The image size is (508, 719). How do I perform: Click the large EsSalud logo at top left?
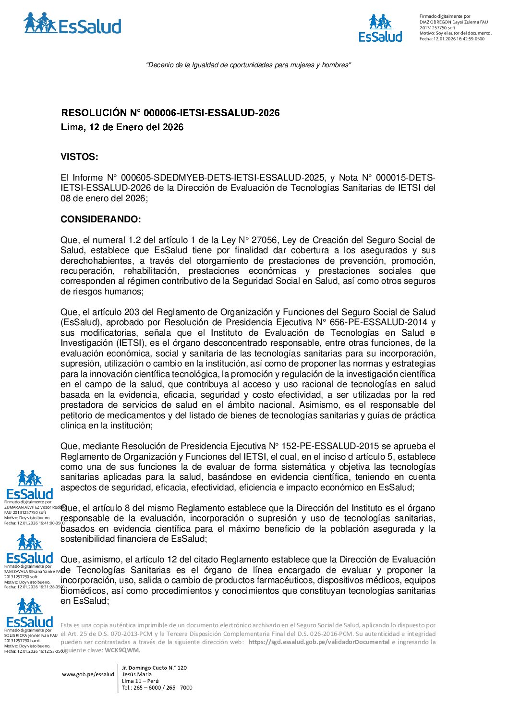click(x=72, y=24)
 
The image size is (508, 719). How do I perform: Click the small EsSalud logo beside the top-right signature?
click(x=380, y=28)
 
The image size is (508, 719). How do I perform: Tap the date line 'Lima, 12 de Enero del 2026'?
click(x=122, y=127)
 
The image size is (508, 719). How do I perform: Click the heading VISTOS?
click(x=79, y=157)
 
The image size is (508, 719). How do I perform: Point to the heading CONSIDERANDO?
click(x=101, y=219)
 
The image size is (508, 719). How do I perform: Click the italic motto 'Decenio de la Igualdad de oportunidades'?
click(x=248, y=65)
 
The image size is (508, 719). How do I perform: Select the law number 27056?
click(x=266, y=240)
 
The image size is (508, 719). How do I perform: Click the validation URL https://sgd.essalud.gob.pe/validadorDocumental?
click(x=319, y=642)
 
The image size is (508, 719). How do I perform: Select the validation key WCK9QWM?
click(x=122, y=650)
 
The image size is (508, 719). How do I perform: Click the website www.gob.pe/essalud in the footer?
click(x=88, y=674)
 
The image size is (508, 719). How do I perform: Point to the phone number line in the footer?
click(x=157, y=687)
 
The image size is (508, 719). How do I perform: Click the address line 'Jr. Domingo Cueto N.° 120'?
click(x=154, y=668)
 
